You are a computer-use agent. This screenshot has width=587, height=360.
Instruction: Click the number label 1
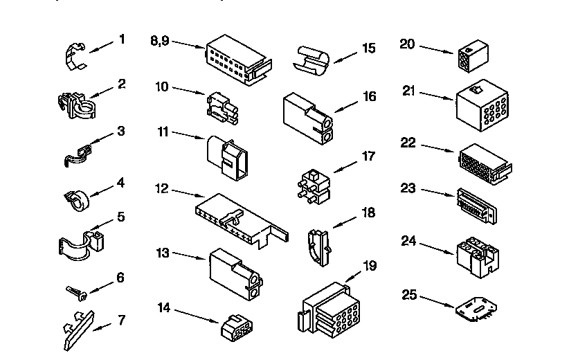tap(122, 39)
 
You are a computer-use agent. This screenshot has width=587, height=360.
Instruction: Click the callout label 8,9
tap(159, 40)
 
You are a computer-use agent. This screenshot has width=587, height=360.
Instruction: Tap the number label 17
tap(369, 156)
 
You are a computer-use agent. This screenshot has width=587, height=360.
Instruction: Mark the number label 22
tap(408, 143)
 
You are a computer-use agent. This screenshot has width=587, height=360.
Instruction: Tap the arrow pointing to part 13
tap(189, 257)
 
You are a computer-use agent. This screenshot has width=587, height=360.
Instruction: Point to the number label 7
tap(122, 320)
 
